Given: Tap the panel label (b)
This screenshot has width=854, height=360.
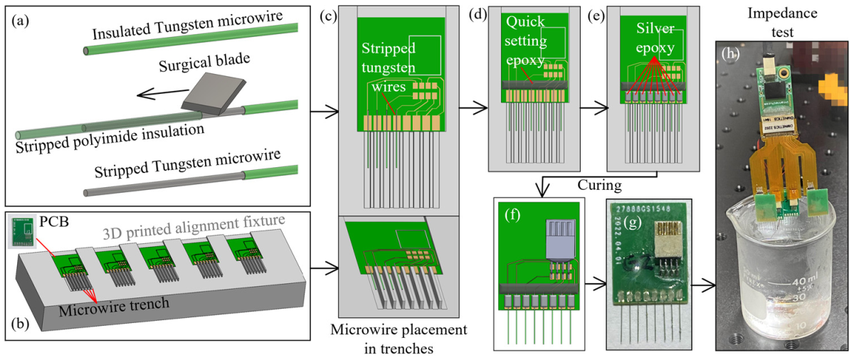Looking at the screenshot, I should click(19, 325).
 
